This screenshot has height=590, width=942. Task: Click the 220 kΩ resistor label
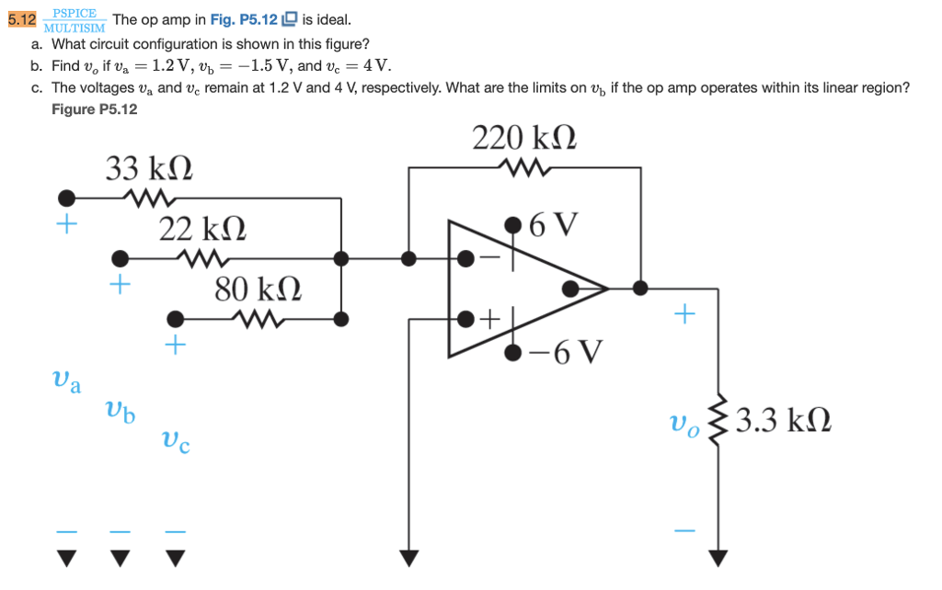[x=524, y=138]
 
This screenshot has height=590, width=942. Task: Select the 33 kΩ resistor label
[x=149, y=169]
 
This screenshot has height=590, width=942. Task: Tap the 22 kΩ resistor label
[x=201, y=229]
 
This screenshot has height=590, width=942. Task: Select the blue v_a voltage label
[x=65, y=380]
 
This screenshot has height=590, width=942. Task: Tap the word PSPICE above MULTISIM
[x=75, y=13]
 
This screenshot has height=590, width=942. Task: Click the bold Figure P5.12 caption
[x=95, y=109]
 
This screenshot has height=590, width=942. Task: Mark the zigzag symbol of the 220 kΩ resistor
[x=523, y=167]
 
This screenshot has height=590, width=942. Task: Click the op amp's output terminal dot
[x=570, y=289]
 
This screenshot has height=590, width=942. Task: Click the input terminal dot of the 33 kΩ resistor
[x=66, y=198]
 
